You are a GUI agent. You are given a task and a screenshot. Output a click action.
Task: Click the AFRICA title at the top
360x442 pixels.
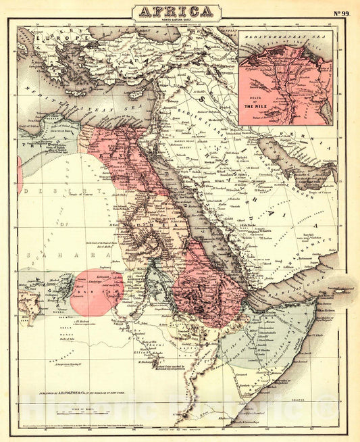point(176,10)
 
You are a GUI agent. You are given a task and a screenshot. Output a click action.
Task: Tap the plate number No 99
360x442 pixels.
point(340,13)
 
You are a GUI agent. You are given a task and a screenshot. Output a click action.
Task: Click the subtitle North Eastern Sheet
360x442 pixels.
point(175,20)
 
